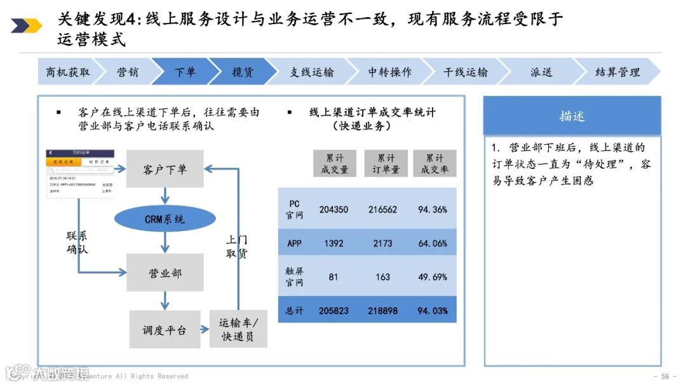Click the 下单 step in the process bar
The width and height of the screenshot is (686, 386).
coord(185,72)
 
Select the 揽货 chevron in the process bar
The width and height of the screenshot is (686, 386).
coord(242,72)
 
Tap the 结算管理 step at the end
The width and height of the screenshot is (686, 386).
coord(617,72)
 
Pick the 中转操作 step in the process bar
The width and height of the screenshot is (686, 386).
coord(389,72)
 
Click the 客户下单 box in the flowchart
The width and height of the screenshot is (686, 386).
coord(165,169)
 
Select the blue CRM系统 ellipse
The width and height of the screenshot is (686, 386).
coord(165,219)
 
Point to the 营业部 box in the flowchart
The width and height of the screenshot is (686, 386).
coord(165,273)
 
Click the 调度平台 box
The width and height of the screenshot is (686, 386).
coord(165,329)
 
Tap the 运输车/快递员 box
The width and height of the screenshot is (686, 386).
coord(238,329)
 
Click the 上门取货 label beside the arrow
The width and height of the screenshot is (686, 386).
coord(237,246)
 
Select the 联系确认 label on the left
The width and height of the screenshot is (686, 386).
coord(77,243)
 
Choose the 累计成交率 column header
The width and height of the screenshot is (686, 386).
coord(434,164)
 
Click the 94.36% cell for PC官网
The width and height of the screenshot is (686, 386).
coord(433,210)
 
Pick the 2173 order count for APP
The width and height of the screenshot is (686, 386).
coord(382,243)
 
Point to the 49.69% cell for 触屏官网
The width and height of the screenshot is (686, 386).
coord(433,277)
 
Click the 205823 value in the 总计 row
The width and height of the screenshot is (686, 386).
coord(334,310)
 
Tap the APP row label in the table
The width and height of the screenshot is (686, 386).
coord(294,243)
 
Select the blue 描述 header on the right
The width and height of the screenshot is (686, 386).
coord(572,116)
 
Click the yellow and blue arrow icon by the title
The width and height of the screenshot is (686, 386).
coord(26,25)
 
